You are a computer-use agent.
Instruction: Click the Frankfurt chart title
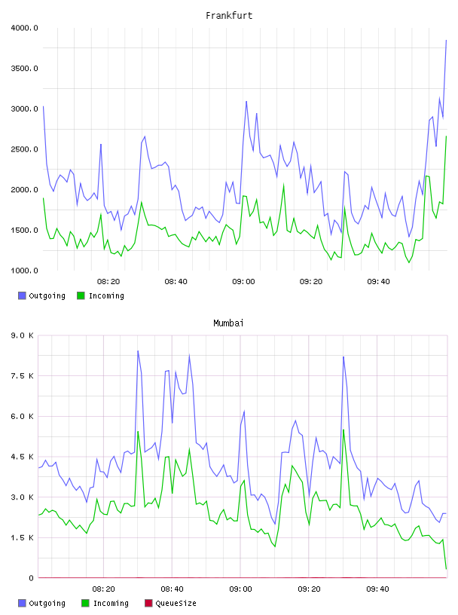point(229,16)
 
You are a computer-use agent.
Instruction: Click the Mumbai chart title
point(228,323)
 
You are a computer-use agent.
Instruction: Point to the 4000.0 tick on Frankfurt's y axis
point(24,28)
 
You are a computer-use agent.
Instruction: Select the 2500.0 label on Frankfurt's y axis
point(24,149)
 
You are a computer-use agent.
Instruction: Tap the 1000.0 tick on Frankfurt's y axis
point(24,271)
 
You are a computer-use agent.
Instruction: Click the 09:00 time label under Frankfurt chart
point(243,281)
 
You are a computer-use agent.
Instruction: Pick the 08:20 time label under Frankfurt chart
point(108,281)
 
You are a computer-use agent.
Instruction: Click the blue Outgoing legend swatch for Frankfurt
point(22,295)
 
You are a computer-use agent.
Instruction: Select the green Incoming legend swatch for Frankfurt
point(81,295)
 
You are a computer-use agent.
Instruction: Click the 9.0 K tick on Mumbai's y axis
point(22,335)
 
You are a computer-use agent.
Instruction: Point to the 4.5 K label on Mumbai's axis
point(22,457)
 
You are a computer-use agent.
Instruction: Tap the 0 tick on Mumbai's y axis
point(31,578)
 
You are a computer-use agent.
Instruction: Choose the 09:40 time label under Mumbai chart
point(377,589)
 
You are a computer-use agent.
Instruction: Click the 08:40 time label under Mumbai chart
point(173,589)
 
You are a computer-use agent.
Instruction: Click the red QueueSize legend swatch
point(148,603)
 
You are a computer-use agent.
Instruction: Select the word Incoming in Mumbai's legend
point(111,603)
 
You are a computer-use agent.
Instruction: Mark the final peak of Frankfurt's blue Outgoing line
point(446,40)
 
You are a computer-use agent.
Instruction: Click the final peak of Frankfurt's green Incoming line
point(446,136)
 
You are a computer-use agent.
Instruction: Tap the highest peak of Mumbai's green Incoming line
point(343,430)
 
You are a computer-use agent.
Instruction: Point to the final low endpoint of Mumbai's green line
point(446,569)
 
